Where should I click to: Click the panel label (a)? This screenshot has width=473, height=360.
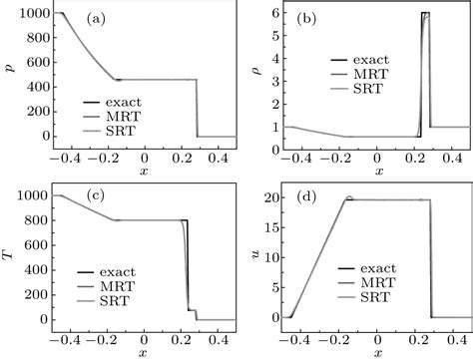97,19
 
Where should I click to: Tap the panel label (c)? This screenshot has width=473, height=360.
97,195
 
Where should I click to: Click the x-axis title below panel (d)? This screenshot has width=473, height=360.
378,352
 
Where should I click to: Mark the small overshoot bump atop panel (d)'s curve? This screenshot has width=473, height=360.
349,198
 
